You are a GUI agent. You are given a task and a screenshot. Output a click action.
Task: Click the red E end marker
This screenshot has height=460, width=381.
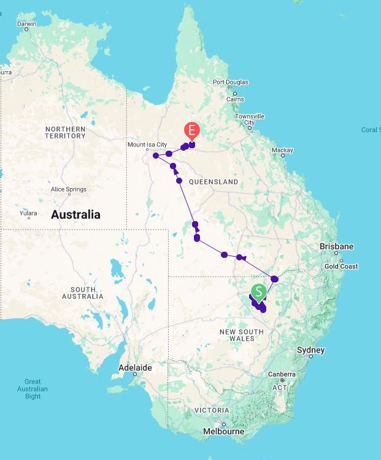tap(192, 130)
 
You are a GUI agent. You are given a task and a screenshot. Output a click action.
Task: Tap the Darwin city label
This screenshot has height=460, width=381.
tap(26, 24)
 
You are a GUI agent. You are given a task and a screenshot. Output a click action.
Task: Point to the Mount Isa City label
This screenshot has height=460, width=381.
tap(147, 145)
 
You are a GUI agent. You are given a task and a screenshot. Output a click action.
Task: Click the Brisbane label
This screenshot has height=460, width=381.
tap(336, 246)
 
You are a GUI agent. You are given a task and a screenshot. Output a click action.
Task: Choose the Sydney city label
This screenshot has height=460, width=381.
tap(310, 350)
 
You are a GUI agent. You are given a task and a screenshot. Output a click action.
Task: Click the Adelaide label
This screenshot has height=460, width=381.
tap(134, 368)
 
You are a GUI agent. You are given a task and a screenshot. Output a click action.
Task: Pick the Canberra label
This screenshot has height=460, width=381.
tap(282, 374)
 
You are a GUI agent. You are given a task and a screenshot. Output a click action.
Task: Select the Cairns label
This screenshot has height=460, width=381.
tap(235, 99)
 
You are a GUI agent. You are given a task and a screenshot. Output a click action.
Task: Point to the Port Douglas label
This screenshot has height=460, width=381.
tap(230, 82)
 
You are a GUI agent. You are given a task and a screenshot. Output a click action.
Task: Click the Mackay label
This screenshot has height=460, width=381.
tap(282, 150)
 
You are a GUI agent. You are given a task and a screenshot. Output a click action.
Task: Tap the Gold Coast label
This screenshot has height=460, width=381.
tap(341, 266)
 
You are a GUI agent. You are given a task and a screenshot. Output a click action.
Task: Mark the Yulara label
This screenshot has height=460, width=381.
tap(28, 213)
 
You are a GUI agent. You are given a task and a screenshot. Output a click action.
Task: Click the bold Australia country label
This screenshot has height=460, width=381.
tap(75, 215)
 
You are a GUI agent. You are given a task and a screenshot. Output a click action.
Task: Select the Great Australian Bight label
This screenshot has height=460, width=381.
tap(33, 389)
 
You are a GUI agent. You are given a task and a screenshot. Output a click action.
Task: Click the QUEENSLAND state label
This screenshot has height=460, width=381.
tap(213, 182)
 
